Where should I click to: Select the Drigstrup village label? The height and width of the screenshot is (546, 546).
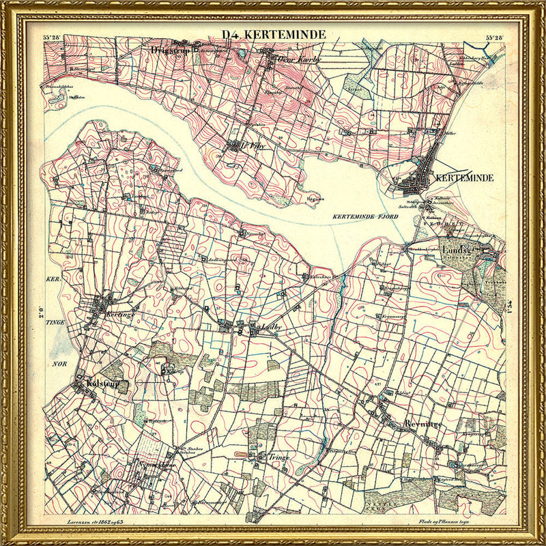(x=169, y=50)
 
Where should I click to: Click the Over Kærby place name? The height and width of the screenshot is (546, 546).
(x=300, y=59)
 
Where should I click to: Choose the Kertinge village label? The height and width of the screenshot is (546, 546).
(x=119, y=308)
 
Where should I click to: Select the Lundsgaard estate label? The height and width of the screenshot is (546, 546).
(x=463, y=250)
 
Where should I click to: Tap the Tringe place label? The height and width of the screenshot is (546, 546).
(x=279, y=457)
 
